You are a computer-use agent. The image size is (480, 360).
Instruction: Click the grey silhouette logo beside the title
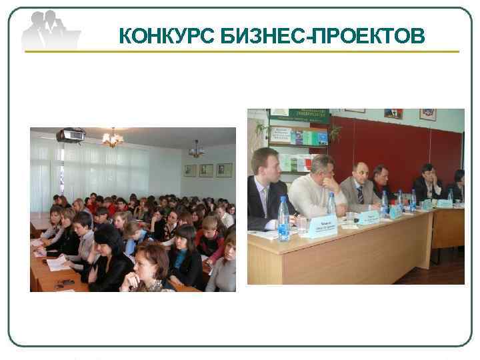click(49, 31)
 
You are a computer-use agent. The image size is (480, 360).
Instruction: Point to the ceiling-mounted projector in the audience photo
click(70, 136)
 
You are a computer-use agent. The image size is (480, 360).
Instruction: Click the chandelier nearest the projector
click(112, 139)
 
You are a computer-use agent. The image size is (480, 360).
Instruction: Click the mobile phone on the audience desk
click(65, 283)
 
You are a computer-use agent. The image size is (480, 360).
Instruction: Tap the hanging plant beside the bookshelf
click(333, 131)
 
